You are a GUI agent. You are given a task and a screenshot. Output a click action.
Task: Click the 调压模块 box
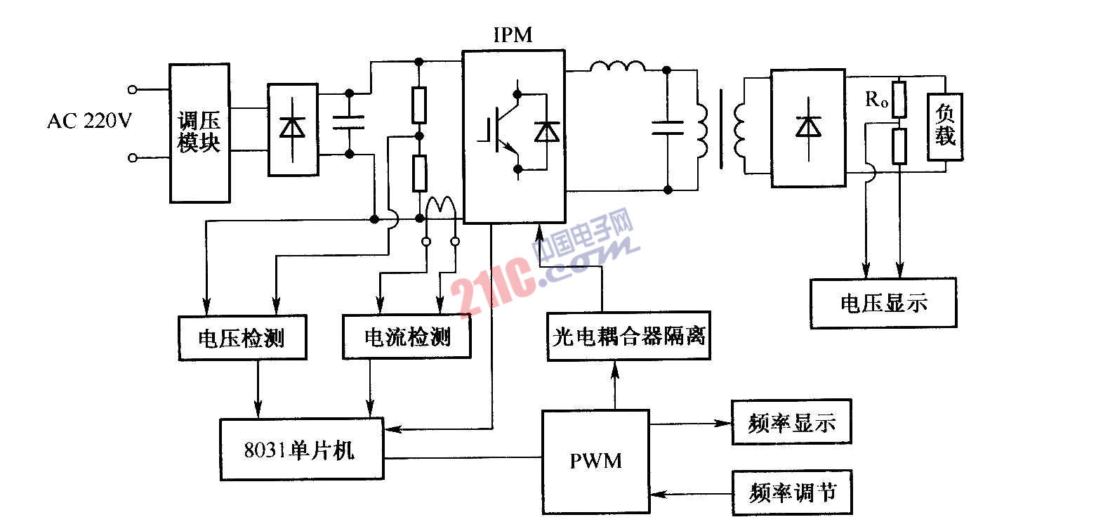(x=199, y=133)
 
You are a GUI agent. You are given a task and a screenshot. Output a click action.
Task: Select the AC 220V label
(x=89, y=122)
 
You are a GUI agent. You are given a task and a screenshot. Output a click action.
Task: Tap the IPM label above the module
(x=513, y=34)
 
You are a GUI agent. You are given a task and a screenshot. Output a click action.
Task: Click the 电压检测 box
(x=242, y=338)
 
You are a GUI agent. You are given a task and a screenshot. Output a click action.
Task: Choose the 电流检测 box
(x=407, y=338)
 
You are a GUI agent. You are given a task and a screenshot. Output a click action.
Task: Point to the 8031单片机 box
(x=302, y=449)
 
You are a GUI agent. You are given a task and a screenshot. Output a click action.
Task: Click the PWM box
(x=595, y=461)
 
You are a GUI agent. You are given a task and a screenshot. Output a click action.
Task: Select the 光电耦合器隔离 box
(x=628, y=336)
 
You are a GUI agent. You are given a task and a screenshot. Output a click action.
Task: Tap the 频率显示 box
(x=791, y=423)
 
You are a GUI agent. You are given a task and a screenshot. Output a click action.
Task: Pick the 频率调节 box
(x=792, y=492)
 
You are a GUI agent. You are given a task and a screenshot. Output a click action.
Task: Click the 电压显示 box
(x=883, y=303)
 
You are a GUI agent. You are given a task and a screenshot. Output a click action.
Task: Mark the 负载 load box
(x=945, y=127)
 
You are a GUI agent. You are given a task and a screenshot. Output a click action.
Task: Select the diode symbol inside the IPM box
(x=546, y=131)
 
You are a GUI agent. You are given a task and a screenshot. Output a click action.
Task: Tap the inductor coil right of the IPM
(x=618, y=67)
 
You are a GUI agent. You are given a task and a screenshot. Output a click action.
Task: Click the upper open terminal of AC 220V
(x=133, y=89)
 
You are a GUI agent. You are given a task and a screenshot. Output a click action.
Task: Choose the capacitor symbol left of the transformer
(x=667, y=127)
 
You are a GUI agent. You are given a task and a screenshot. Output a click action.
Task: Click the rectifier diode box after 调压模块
(x=293, y=129)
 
